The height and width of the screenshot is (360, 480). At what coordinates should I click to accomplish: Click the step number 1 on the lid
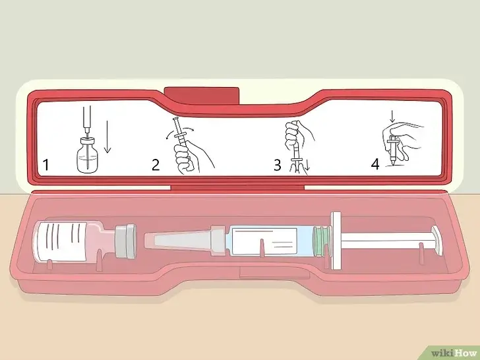tap(46, 165)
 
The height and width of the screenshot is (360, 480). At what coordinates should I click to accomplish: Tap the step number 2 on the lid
tap(156, 165)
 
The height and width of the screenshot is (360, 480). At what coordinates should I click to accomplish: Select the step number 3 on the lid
tap(278, 165)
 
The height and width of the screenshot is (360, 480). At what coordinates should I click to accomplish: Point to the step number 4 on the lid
tap(375, 164)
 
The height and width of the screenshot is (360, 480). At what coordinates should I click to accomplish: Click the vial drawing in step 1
tap(88, 154)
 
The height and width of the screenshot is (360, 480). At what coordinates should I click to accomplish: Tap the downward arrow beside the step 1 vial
tap(107, 136)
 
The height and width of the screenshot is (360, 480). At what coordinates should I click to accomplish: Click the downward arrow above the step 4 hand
tap(392, 116)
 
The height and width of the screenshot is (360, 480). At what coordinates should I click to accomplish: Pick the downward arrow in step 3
tap(308, 165)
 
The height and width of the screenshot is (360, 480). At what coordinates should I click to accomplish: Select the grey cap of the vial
tap(125, 241)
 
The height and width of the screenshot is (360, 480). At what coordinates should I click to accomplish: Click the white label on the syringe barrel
tap(264, 241)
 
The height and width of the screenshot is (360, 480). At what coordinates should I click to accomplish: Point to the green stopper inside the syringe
tap(319, 241)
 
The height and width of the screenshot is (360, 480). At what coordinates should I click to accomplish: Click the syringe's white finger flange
tap(336, 241)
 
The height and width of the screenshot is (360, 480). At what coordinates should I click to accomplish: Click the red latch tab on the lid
tap(201, 95)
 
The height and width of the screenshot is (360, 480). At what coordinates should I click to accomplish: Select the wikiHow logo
tap(454, 353)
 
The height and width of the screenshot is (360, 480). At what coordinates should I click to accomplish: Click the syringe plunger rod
tap(386, 241)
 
